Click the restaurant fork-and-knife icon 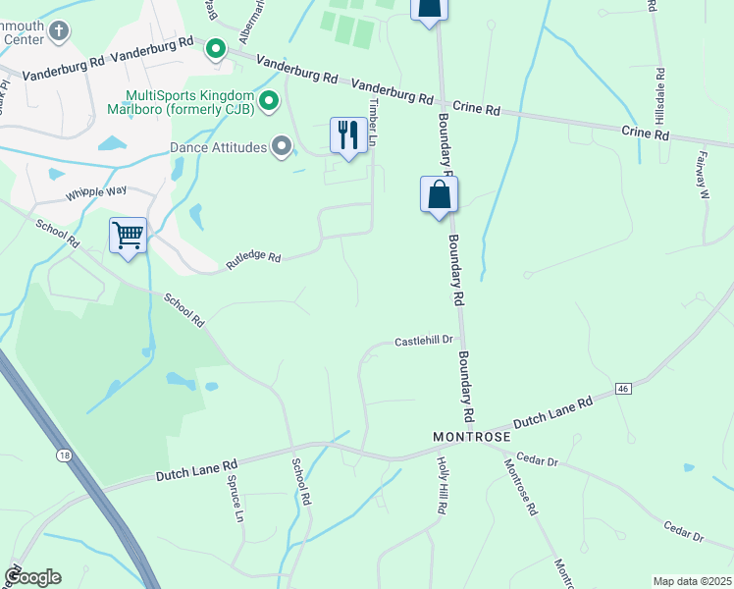tap(348, 135)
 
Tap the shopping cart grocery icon tap(128, 236)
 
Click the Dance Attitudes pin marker tap(283, 147)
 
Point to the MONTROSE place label tap(472, 435)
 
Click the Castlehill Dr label tap(423, 341)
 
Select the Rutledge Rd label tap(254, 258)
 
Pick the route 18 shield tap(65, 455)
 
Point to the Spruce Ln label tap(236, 499)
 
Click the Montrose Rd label tap(522, 487)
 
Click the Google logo tap(32, 577)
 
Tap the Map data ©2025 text tap(691, 581)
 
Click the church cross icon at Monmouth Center tap(59, 30)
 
